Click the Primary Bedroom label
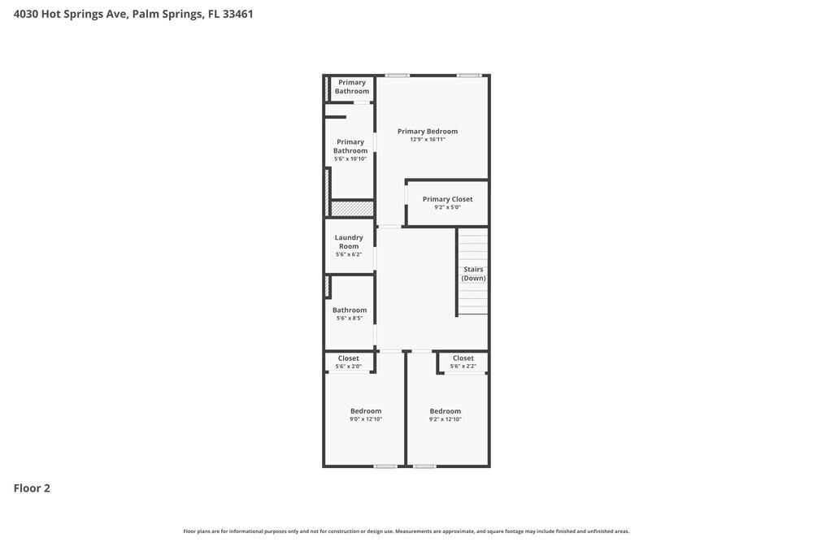(x=427, y=132)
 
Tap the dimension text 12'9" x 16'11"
(x=427, y=140)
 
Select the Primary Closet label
(x=447, y=199)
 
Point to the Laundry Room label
(x=349, y=241)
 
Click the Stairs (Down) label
(x=473, y=274)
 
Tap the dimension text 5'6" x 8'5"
(x=350, y=319)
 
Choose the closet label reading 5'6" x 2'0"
(x=349, y=366)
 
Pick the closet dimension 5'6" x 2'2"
(x=463, y=366)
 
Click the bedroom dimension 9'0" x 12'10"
(x=366, y=419)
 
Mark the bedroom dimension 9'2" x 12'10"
(x=446, y=419)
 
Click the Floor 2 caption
(x=32, y=488)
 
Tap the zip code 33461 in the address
(x=237, y=14)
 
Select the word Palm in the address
(x=145, y=14)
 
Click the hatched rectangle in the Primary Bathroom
(x=352, y=209)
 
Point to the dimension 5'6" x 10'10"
(x=350, y=158)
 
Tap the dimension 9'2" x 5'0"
(x=447, y=207)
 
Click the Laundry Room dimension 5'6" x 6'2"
(x=349, y=254)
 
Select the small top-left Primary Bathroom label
(x=352, y=87)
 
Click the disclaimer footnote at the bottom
(x=406, y=531)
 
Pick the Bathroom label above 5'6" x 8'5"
(x=350, y=310)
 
